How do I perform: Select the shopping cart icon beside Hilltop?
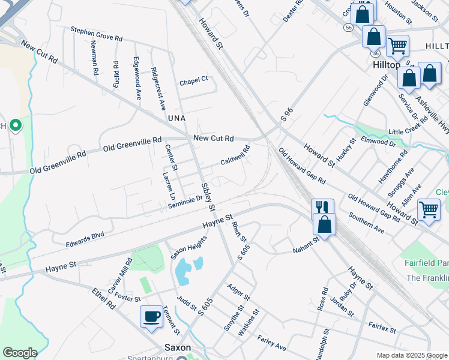[397, 45]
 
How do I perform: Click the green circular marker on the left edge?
[16, 126]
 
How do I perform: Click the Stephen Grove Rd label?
[96, 34]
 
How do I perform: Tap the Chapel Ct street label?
[193, 79]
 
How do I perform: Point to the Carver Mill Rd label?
[119, 275]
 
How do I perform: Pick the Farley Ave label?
[271, 343]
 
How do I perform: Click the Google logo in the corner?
[20, 352]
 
